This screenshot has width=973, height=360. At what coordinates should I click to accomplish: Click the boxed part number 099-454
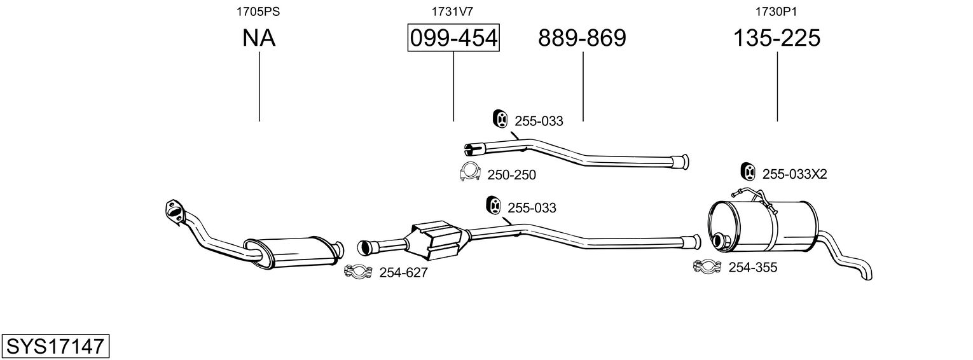click(x=453, y=39)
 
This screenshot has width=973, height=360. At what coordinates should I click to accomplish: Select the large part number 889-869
click(x=582, y=39)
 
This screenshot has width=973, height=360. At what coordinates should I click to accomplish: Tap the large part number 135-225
click(x=776, y=39)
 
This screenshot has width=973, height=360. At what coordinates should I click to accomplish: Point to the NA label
click(x=259, y=39)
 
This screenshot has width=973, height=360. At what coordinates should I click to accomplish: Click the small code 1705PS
click(x=259, y=11)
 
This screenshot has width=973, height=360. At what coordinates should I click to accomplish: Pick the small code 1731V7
click(x=452, y=11)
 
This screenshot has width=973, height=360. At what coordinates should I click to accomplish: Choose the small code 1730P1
click(x=776, y=11)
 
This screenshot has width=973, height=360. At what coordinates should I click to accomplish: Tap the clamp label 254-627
click(x=403, y=273)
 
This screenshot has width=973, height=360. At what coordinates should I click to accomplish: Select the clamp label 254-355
click(x=752, y=268)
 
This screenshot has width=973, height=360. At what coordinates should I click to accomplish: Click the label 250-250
click(x=511, y=175)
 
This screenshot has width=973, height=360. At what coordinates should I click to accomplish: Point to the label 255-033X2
click(x=794, y=174)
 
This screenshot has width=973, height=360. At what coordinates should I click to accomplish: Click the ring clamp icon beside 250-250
click(x=469, y=172)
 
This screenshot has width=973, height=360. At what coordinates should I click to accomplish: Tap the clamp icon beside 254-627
click(x=358, y=272)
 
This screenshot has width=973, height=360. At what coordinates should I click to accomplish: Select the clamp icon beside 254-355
click(x=707, y=267)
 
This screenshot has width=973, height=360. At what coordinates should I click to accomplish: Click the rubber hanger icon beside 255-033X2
click(x=748, y=171)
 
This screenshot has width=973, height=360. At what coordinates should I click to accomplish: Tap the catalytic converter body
click(x=437, y=240)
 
